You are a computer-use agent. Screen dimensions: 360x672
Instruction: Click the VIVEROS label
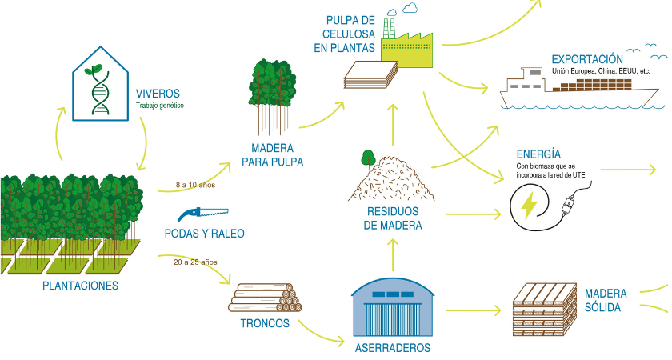(158, 93)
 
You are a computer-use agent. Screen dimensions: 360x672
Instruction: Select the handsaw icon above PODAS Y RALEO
(204, 214)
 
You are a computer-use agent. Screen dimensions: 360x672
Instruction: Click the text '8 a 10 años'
(196, 186)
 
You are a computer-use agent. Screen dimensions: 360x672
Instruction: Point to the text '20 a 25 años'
(195, 262)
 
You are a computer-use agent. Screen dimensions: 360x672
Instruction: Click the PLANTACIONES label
(80, 286)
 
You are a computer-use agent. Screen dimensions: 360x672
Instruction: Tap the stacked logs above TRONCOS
(266, 298)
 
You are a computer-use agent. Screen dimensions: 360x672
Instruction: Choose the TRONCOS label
(265, 324)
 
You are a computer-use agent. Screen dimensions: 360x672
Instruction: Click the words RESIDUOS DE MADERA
(393, 218)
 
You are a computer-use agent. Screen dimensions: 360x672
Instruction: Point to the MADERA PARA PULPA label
(272, 155)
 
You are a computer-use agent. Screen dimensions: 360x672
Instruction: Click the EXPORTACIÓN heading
(587, 59)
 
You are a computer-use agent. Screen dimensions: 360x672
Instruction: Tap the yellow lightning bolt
(530, 205)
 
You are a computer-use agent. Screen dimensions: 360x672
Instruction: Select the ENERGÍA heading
(538, 154)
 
